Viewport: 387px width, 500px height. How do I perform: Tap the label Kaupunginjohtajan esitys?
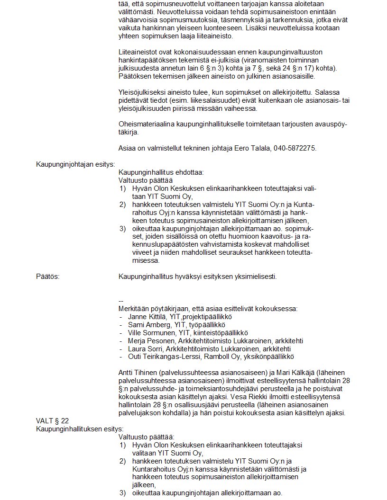[76, 164]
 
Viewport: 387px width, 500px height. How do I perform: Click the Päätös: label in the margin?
[48, 276]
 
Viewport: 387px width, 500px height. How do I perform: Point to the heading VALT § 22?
[53, 420]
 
